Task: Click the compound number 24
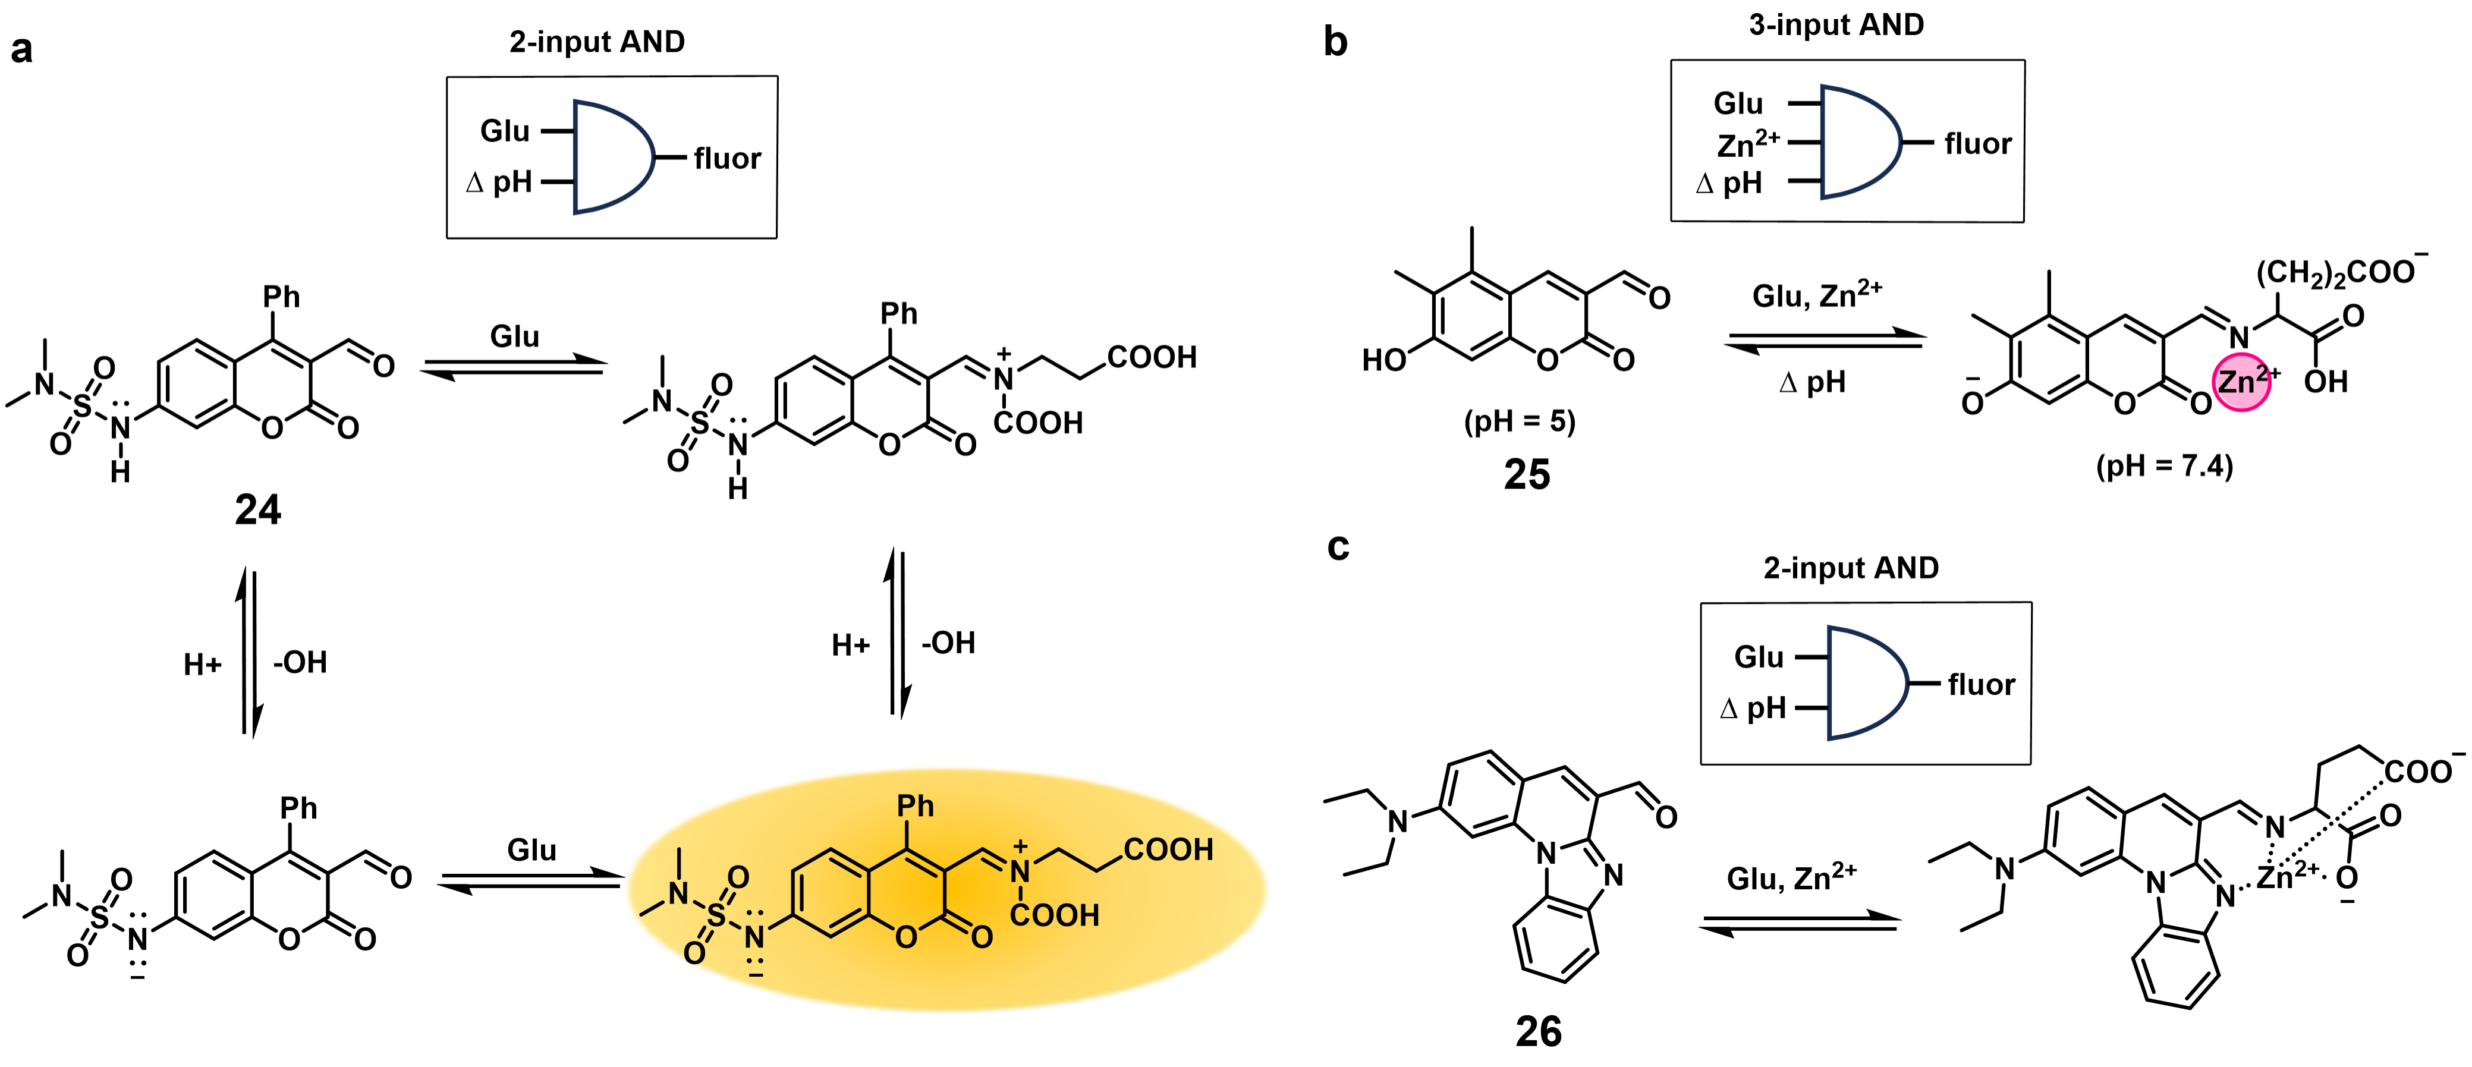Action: [x=257, y=509]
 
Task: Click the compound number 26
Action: [x=1538, y=1031]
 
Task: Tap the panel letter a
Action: [x=21, y=48]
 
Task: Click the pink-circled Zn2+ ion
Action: [x=2242, y=382]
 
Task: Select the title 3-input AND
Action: [x=1836, y=25]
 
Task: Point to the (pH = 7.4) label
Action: [x=2164, y=467]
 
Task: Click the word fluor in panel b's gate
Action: [x=1977, y=144]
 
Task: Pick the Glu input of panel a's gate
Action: [x=505, y=131]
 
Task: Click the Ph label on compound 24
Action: [x=281, y=297]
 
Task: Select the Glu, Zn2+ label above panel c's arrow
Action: [x=1791, y=877]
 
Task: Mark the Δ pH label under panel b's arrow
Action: [x=1811, y=383]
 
